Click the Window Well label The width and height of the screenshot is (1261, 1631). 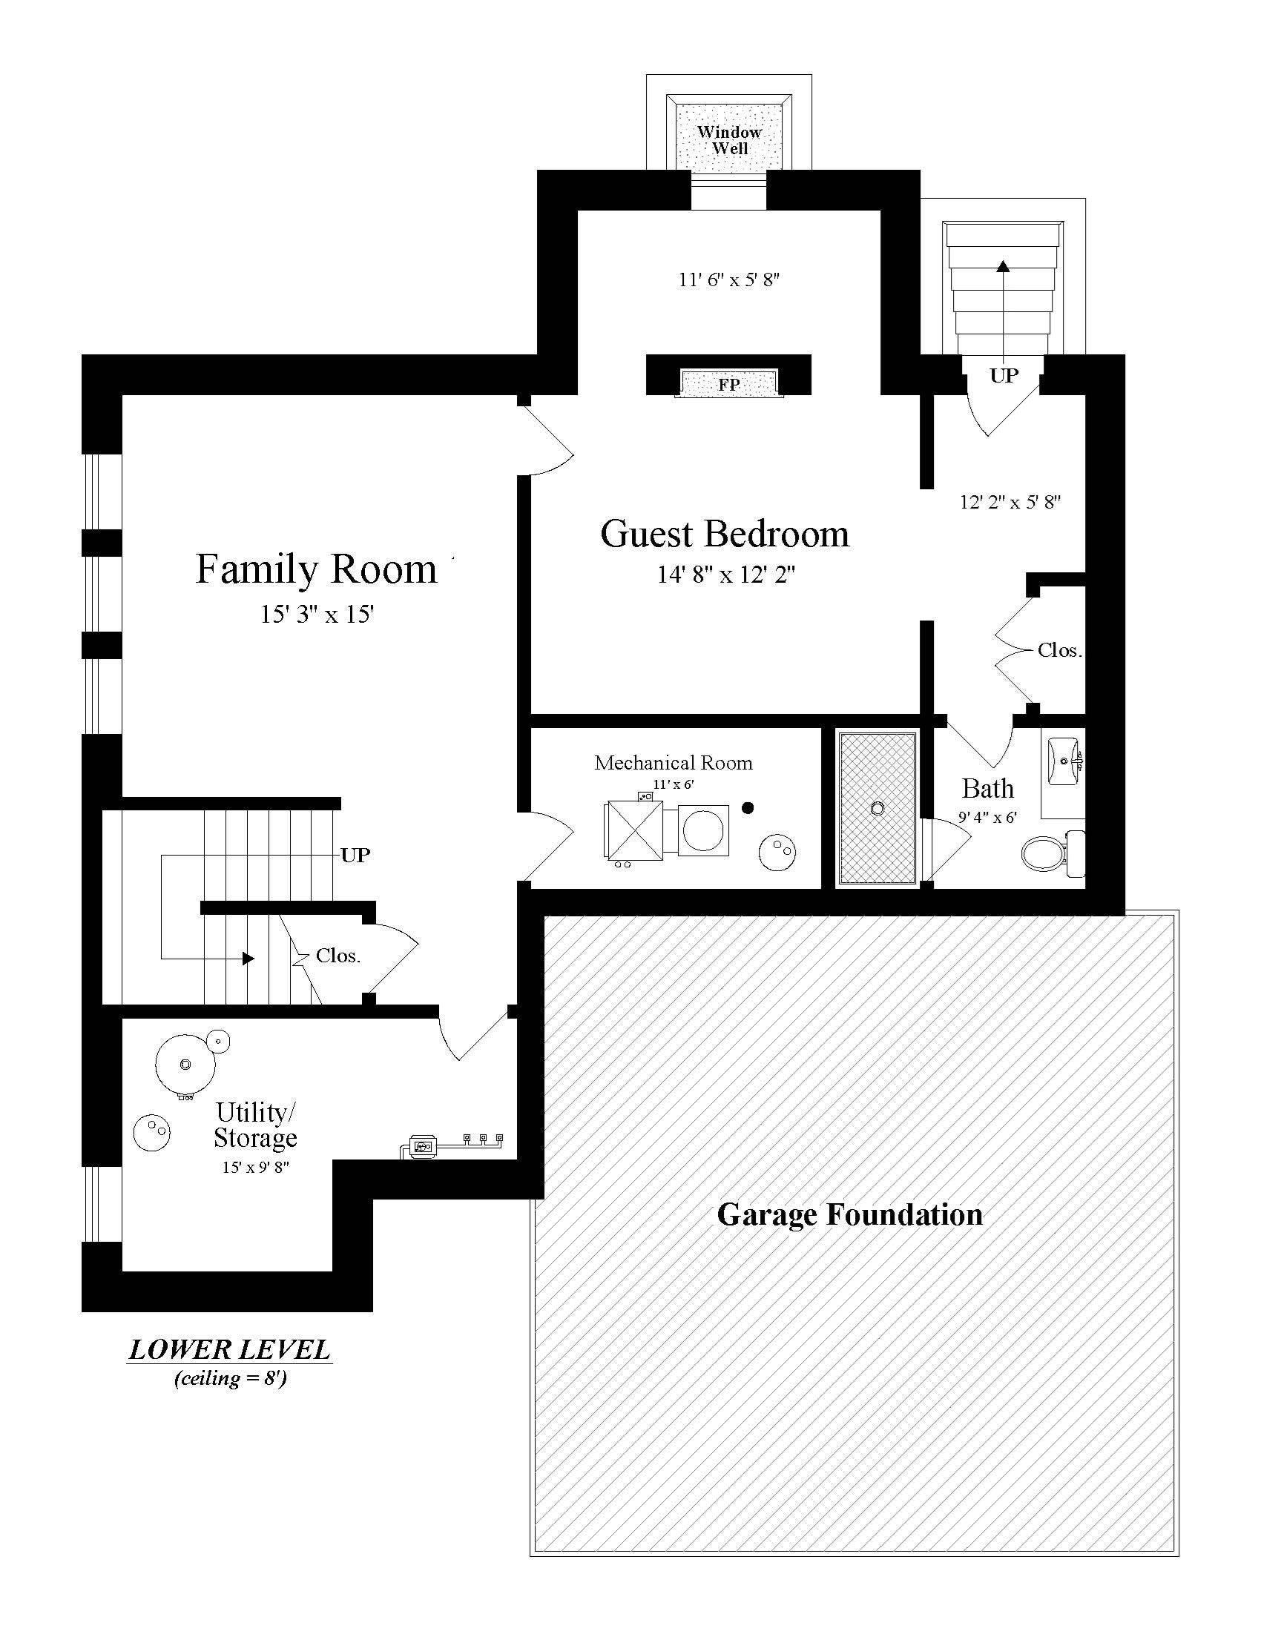[x=729, y=139]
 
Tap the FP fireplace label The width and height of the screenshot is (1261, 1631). [x=728, y=385]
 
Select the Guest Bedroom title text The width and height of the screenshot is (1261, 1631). [x=725, y=534]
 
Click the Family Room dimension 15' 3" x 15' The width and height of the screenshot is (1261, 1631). [x=317, y=615]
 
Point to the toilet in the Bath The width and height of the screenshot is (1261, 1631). [x=1052, y=853]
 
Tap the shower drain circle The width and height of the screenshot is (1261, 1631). [x=877, y=807]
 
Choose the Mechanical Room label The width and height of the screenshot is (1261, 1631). [x=673, y=762]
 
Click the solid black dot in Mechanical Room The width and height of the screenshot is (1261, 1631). [x=747, y=807]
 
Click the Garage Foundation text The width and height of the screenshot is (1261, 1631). [x=849, y=1214]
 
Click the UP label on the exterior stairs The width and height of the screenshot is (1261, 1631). [x=1004, y=376]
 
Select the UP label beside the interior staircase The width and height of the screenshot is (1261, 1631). [x=355, y=855]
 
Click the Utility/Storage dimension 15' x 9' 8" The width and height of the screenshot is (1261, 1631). [x=255, y=1167]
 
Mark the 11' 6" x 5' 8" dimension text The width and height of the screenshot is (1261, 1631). [x=729, y=280]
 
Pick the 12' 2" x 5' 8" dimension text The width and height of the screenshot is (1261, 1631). [x=1010, y=502]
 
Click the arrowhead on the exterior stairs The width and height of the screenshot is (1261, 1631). [x=1004, y=265]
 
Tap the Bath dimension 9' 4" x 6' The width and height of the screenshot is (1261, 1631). [x=987, y=818]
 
